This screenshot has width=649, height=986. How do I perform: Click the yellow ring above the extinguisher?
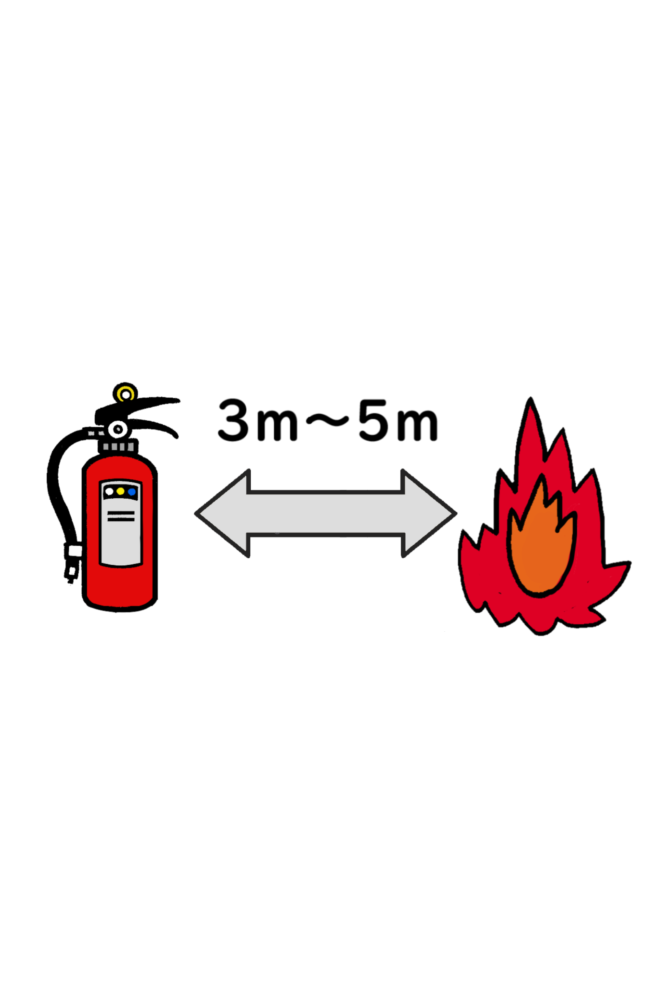point(125,394)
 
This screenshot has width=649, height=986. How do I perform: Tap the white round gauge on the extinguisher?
point(118,429)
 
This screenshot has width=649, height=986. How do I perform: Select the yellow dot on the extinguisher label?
point(121,492)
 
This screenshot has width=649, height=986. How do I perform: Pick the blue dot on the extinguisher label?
point(132,492)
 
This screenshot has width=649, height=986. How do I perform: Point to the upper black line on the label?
point(121,513)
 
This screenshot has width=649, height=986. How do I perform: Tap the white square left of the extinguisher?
point(76,551)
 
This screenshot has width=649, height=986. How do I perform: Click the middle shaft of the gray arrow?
point(325,513)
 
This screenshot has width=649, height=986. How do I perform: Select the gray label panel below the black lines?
point(121,543)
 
